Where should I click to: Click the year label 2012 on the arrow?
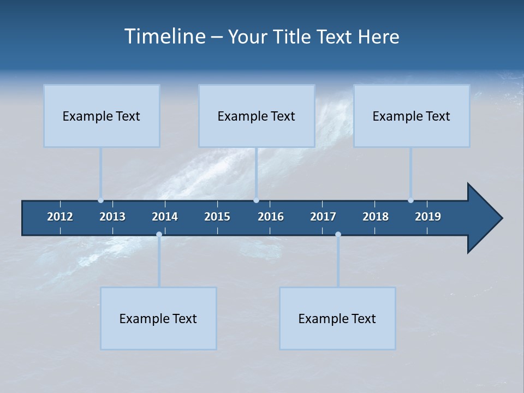60,217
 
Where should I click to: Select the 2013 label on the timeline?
112,217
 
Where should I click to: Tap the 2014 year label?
165,217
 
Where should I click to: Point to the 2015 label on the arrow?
217,217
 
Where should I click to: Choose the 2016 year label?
271,217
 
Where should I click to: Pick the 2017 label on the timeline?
323,217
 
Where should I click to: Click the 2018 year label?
376,217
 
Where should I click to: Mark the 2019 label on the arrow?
428,217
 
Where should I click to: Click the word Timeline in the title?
164,37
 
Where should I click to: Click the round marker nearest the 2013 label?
100,200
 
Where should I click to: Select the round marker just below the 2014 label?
159,234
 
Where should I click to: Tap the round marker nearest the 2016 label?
257,200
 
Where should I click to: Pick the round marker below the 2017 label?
338,234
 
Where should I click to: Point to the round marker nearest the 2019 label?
410,200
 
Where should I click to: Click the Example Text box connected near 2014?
158,318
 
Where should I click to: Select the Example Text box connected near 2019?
412,116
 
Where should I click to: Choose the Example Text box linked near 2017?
337,318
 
